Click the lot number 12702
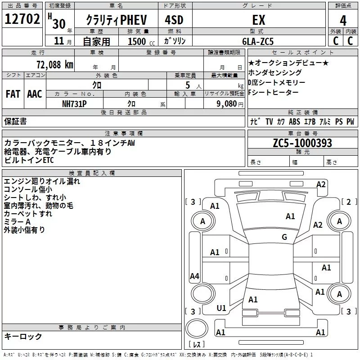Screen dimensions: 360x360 [22, 20]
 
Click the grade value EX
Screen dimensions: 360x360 [259, 20]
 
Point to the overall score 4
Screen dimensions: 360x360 [343, 20]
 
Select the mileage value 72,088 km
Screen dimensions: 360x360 [54, 64]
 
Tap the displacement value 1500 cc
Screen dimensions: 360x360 [139, 41]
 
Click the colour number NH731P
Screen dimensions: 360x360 [74, 103]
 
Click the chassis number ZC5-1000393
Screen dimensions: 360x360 [302, 143]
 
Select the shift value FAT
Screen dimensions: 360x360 [13, 94]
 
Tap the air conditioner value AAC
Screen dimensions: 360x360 [34, 94]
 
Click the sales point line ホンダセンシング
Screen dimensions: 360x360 [275, 72]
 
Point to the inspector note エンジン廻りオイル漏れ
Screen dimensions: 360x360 [42, 181]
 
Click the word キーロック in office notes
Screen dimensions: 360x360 [23, 337]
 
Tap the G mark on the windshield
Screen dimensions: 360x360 [284, 237]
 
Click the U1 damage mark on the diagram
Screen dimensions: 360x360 [221, 308]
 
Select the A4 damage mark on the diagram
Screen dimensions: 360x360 [194, 276]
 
